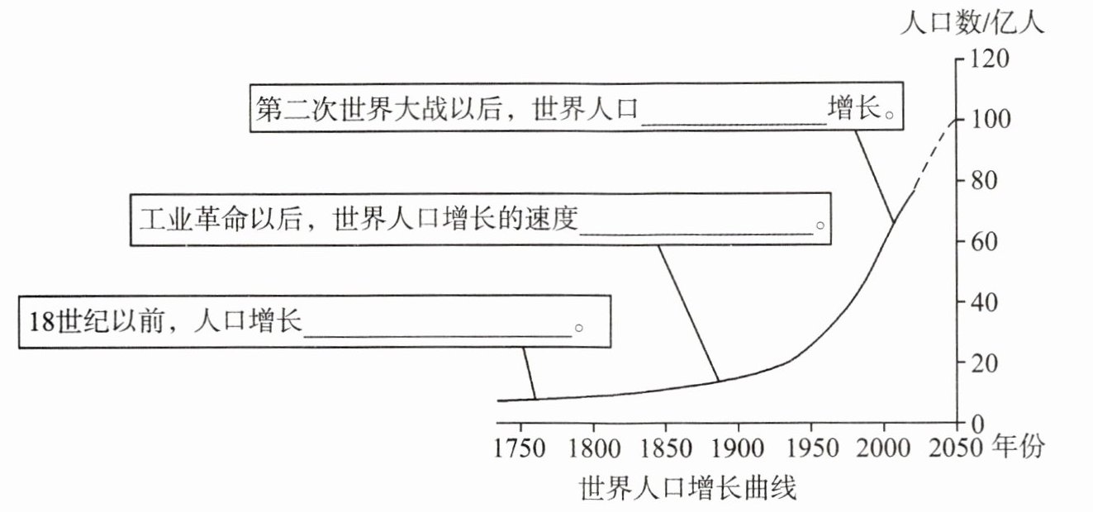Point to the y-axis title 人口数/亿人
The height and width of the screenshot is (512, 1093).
click(x=972, y=23)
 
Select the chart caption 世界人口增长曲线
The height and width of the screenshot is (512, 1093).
click(x=687, y=488)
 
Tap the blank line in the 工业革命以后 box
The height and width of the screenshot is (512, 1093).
click(x=696, y=232)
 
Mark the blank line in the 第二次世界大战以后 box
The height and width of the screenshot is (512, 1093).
click(x=734, y=121)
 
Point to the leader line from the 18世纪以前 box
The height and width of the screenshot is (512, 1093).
click(x=530, y=373)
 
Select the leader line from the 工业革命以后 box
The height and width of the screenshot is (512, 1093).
click(x=687, y=313)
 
